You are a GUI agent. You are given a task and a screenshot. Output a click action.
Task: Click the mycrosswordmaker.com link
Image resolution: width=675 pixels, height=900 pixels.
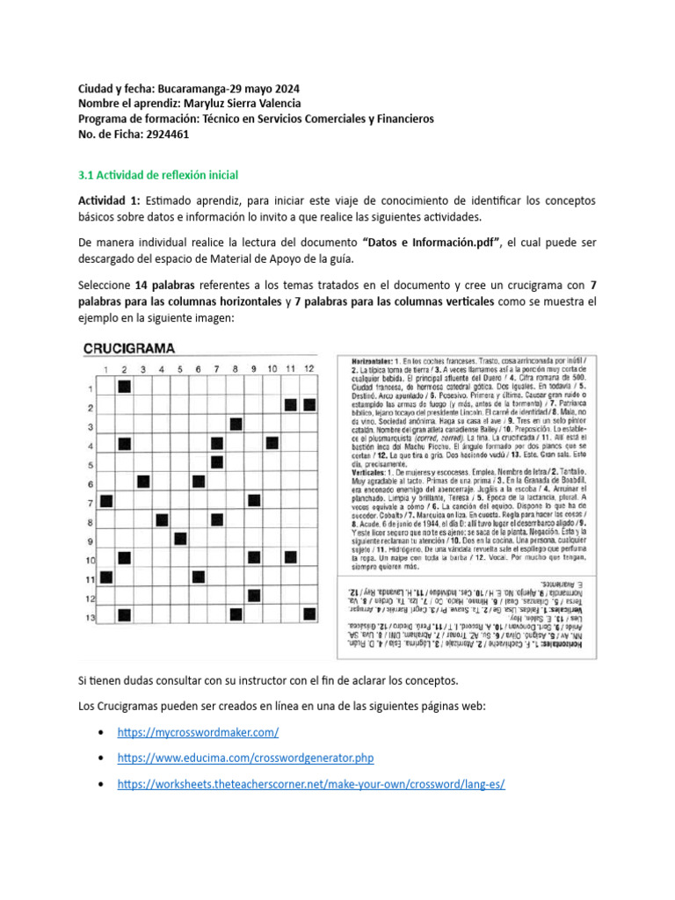click(198, 731)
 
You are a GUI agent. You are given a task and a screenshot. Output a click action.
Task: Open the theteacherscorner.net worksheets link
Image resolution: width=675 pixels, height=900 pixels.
click(311, 783)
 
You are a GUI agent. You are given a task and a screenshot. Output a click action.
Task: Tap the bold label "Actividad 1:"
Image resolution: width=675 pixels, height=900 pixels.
click(108, 201)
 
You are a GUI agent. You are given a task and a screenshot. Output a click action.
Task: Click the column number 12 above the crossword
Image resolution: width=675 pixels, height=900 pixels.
click(308, 368)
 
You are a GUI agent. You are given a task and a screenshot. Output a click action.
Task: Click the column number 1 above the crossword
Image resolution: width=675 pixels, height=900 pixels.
click(106, 368)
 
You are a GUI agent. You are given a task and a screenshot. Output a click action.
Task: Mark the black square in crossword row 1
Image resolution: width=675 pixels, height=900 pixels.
click(124, 387)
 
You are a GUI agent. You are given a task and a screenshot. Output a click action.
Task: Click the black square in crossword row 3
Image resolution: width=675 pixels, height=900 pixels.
click(236, 425)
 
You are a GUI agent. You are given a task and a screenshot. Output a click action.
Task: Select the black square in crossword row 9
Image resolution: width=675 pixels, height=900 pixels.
click(180, 539)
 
